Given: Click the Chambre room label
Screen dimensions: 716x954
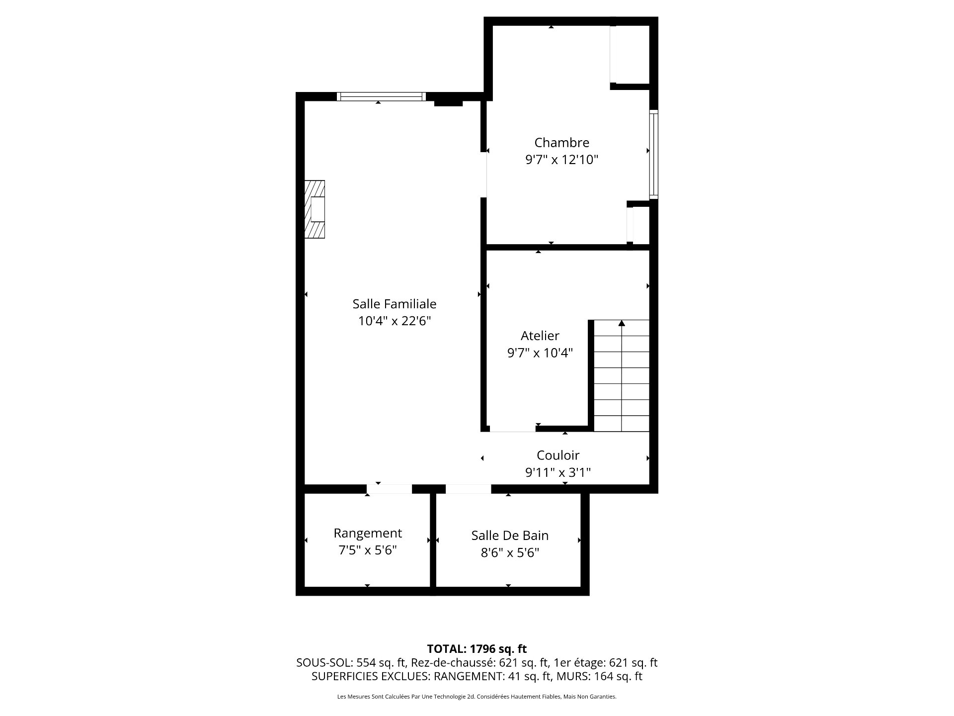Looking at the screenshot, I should (561, 143).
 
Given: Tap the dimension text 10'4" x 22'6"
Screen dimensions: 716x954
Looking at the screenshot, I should (394, 321).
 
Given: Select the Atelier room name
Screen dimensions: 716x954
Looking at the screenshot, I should (540, 336).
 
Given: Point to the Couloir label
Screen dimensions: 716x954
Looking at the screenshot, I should (558, 455).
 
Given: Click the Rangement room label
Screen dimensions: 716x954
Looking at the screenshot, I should (368, 533).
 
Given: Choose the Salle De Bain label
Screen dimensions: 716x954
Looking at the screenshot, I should (510, 536).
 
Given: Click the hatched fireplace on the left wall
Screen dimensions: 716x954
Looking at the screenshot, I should (315, 209).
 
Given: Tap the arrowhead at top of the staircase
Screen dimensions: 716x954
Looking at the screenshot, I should (622, 323).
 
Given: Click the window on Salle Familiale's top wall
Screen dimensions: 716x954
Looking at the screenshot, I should (381, 96).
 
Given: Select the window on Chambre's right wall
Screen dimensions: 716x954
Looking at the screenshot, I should (654, 155).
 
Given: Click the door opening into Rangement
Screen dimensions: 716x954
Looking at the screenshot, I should (390, 489).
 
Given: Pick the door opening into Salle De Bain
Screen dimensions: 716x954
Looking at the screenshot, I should (468, 489).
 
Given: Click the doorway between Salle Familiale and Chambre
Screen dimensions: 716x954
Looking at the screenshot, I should (483, 175).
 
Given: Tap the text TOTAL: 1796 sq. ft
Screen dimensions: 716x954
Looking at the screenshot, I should (477, 649).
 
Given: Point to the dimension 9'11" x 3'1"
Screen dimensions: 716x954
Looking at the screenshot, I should (558, 472).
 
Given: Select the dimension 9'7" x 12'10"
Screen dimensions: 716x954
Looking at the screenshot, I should (561, 160).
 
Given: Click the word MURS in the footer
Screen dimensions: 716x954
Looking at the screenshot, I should (570, 677).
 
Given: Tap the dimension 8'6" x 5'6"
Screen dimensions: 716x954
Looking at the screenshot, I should (510, 553).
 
